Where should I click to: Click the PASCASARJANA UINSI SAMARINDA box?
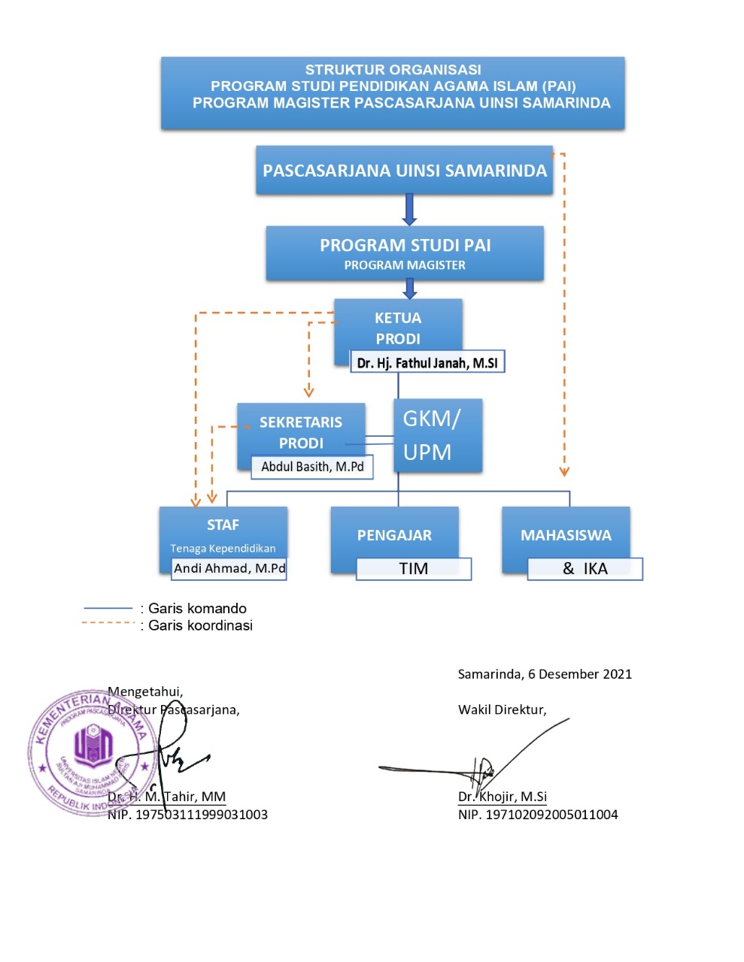tap(404, 171)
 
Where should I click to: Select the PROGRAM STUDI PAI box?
tap(405, 253)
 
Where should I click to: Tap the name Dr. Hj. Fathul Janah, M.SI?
tap(427, 363)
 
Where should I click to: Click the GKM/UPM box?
tap(437, 435)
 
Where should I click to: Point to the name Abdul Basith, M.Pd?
tap(312, 467)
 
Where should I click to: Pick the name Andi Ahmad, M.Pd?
tap(229, 568)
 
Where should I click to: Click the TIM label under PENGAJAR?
tap(414, 569)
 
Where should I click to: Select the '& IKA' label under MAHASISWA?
tap(585, 569)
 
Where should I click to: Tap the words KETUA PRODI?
tap(398, 328)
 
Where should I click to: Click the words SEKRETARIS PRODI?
tap(301, 432)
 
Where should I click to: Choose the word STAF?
tap(223, 525)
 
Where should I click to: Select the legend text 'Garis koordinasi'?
tap(200, 625)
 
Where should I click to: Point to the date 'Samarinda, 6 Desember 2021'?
tap(545, 674)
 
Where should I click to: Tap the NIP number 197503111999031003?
tap(201, 815)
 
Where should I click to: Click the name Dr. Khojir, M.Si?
tap(503, 797)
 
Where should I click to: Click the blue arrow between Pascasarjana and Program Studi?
tap(409, 210)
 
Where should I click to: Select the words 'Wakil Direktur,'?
tap(502, 709)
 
